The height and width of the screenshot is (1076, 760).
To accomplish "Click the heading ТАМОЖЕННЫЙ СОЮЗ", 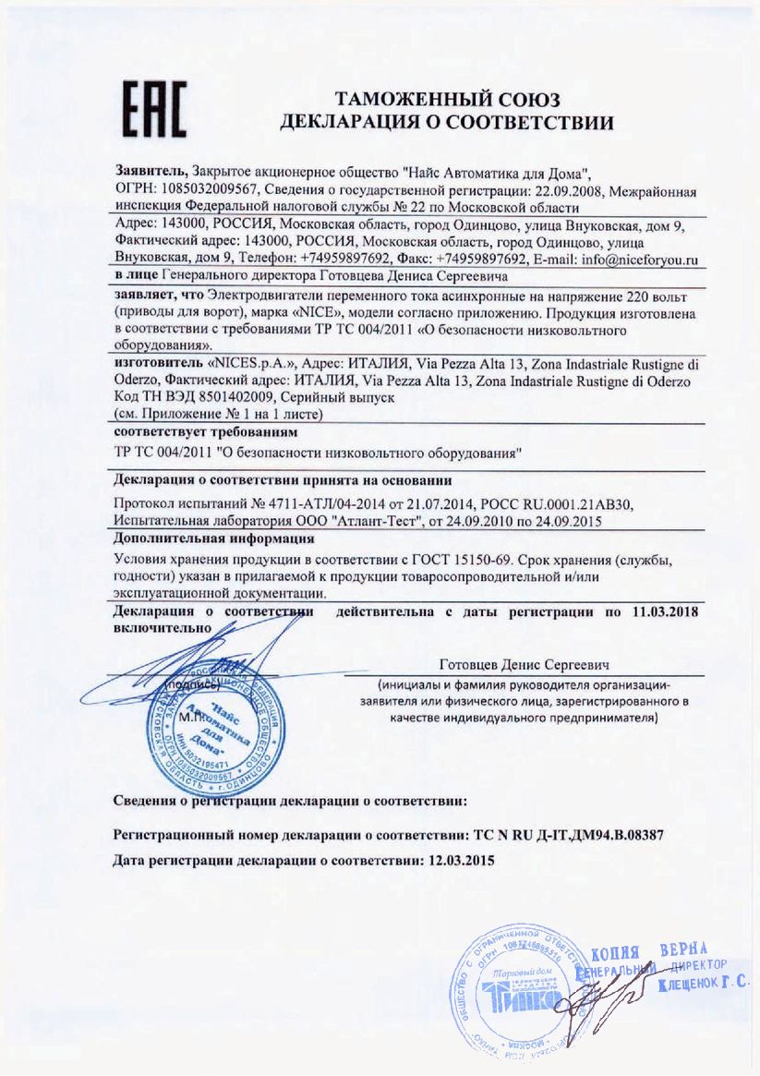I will [448, 99].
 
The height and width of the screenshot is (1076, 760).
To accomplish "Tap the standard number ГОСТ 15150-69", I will [461, 562].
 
